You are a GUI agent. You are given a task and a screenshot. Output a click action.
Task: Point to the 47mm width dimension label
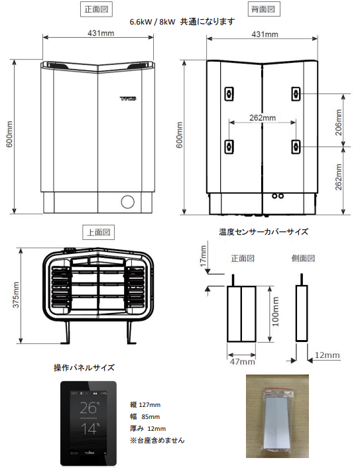coord(242,361)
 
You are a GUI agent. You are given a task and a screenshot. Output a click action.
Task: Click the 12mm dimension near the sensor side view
coord(327,356)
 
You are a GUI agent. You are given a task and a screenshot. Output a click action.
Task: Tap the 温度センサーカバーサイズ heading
coord(263,232)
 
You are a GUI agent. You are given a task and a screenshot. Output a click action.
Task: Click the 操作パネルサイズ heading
coord(84,367)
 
